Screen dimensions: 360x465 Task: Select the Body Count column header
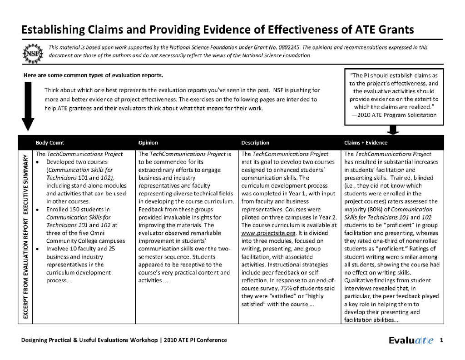coord(50,143)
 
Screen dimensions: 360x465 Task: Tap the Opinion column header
coord(148,143)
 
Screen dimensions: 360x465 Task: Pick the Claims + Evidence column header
coord(366,143)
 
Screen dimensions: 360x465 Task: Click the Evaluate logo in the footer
coord(411,340)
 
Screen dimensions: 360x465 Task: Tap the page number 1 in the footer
coord(441,340)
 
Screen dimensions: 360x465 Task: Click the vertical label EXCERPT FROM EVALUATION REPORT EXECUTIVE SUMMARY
coord(26,236)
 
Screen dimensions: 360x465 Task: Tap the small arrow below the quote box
coord(394,130)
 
